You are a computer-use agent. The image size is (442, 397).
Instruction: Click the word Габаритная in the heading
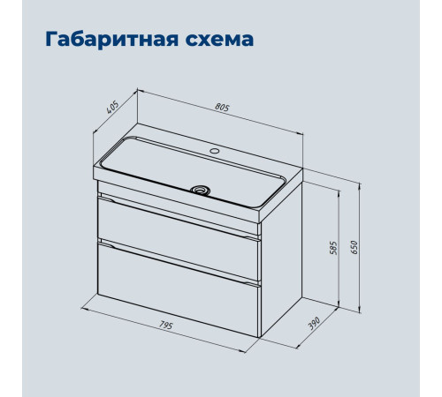pos(112,40)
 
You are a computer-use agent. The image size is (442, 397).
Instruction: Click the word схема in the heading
pos(219,40)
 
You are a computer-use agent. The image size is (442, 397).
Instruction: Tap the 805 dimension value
pos(222,108)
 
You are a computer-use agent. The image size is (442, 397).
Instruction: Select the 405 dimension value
pos(112,108)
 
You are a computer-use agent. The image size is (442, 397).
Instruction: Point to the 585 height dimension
pos(333,248)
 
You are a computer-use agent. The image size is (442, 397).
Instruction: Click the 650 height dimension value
pos(354,247)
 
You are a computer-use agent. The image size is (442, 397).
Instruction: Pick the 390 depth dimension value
pos(314,323)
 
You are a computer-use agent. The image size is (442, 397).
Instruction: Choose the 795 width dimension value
pos(165,326)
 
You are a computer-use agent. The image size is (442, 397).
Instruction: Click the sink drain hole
pos(201,189)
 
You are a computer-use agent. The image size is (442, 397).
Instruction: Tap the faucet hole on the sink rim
pos(214,151)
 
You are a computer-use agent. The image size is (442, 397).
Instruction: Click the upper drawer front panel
pos(179,237)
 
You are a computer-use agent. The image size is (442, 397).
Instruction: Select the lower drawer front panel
pos(179,289)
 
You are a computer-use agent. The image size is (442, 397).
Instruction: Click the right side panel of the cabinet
pos(281,258)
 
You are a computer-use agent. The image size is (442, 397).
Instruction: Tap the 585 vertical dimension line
pos(339,249)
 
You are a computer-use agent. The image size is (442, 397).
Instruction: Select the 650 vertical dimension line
pos(360,248)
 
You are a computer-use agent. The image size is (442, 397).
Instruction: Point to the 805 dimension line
pos(221,112)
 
